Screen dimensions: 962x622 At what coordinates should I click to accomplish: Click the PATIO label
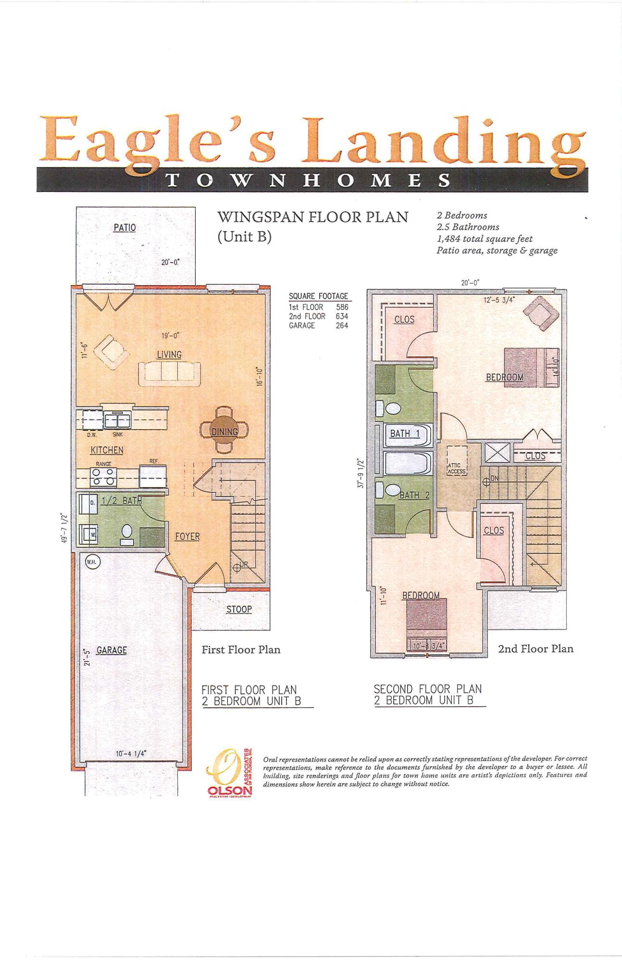[124, 228]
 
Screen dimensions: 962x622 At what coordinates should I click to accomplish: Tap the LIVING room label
[169, 354]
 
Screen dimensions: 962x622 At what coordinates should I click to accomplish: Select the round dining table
[224, 430]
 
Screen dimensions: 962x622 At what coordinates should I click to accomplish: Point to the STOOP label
[239, 609]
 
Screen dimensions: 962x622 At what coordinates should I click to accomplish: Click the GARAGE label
[112, 650]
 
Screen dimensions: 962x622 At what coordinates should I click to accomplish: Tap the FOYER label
[187, 536]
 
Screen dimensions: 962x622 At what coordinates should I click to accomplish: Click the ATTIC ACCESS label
[456, 468]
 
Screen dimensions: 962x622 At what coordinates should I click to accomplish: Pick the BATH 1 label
[405, 433]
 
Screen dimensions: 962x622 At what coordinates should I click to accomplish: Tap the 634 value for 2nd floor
[342, 316]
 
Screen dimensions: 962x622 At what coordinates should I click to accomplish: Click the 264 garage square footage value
[342, 326]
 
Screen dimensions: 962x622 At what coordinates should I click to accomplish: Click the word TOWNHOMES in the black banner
[308, 180]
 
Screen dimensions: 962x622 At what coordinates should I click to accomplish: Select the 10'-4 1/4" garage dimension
[131, 754]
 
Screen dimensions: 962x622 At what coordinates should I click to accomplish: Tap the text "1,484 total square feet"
[484, 239]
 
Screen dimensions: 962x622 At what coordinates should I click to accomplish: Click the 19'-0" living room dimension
[171, 336]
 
